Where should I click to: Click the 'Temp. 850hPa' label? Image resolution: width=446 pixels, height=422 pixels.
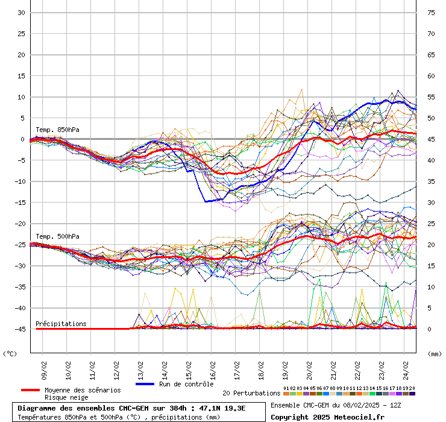57,130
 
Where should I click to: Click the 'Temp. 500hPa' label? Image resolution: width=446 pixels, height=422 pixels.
57,236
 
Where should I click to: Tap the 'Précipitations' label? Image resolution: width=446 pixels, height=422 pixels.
61,324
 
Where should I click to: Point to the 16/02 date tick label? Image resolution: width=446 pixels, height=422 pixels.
213,368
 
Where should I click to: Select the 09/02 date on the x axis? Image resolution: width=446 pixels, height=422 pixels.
44,368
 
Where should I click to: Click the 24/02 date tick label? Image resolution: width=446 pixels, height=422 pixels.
406,368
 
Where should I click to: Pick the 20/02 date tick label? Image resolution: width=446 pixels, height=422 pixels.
309,368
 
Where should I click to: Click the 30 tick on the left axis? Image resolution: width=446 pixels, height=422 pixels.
20,13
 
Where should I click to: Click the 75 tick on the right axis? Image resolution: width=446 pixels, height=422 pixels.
431,13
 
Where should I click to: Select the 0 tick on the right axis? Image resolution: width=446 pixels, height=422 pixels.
429,329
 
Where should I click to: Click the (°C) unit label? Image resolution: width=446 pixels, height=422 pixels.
10,353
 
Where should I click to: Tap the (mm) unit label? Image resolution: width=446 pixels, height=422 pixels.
435,353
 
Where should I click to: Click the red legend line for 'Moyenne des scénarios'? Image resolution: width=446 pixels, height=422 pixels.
30,390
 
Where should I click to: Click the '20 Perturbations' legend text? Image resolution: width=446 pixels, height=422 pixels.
251,393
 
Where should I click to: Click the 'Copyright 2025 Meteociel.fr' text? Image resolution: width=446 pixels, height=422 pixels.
327,417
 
